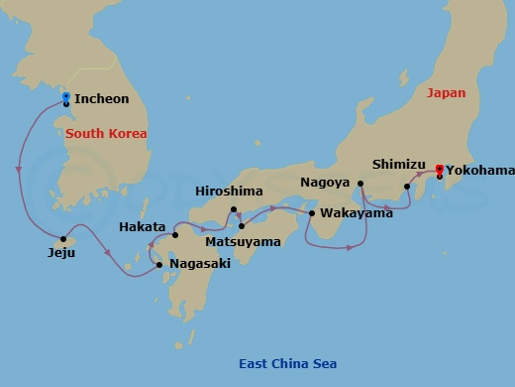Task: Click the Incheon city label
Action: (x=102, y=99)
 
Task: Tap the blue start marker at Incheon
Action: (x=66, y=96)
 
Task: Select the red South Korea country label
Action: (x=106, y=133)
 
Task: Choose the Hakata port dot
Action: (x=174, y=235)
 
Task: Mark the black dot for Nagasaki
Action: (x=159, y=264)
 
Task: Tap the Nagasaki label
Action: (x=202, y=264)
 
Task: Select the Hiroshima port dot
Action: (x=234, y=209)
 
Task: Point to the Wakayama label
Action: (x=351, y=212)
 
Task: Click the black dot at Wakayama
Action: (x=312, y=212)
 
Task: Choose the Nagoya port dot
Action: (x=360, y=184)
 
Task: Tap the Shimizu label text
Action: (x=399, y=164)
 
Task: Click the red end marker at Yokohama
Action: (x=440, y=169)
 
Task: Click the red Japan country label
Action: (x=445, y=93)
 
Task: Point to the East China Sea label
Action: (x=287, y=364)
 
